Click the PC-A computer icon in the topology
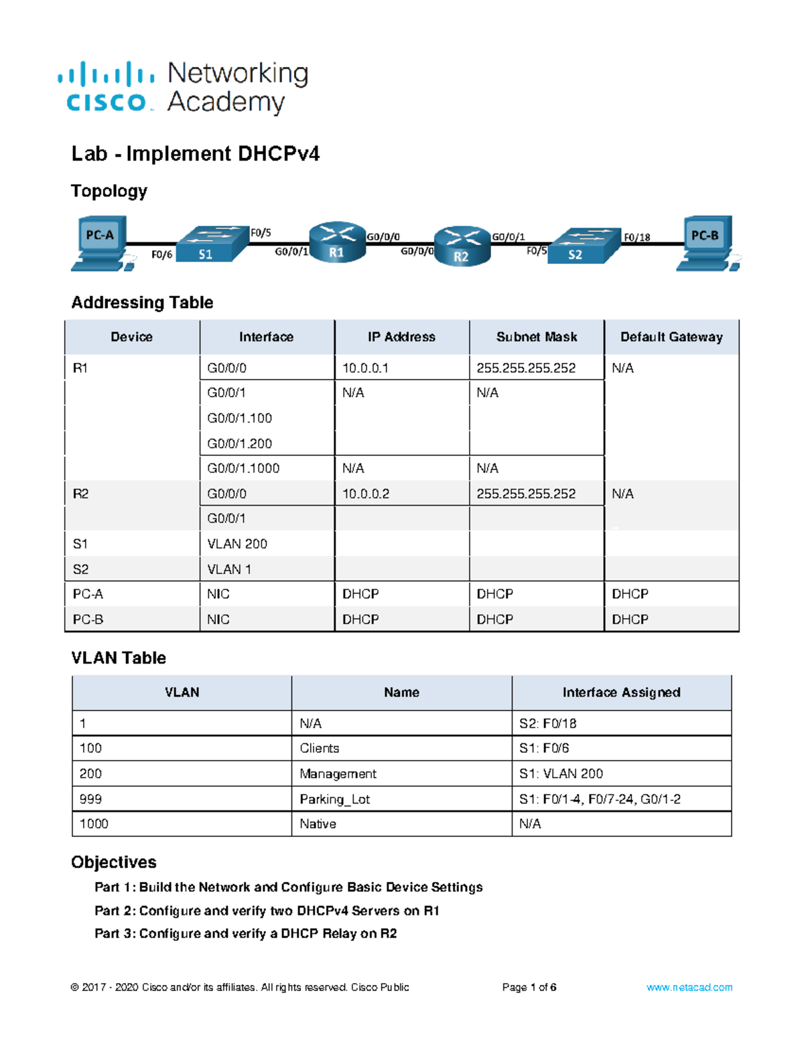pyautogui.click(x=100, y=242)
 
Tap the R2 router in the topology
pyautogui.click(x=462, y=246)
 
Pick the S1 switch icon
pyautogui.click(x=212, y=244)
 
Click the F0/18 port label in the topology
pyautogui.click(x=636, y=237)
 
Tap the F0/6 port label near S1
pyautogui.click(x=161, y=254)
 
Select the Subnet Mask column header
pyautogui.click(x=536, y=337)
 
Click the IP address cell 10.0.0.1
pyautogui.click(x=365, y=368)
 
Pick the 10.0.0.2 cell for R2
pyautogui.click(x=366, y=494)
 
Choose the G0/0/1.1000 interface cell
pyautogui.click(x=243, y=468)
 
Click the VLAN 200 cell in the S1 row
pyautogui.click(x=237, y=544)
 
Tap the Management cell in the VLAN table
pyautogui.click(x=338, y=773)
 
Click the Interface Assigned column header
pyautogui.click(x=621, y=692)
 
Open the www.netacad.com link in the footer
pyautogui.click(x=689, y=987)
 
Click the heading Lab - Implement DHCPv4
pyautogui.click(x=196, y=154)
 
